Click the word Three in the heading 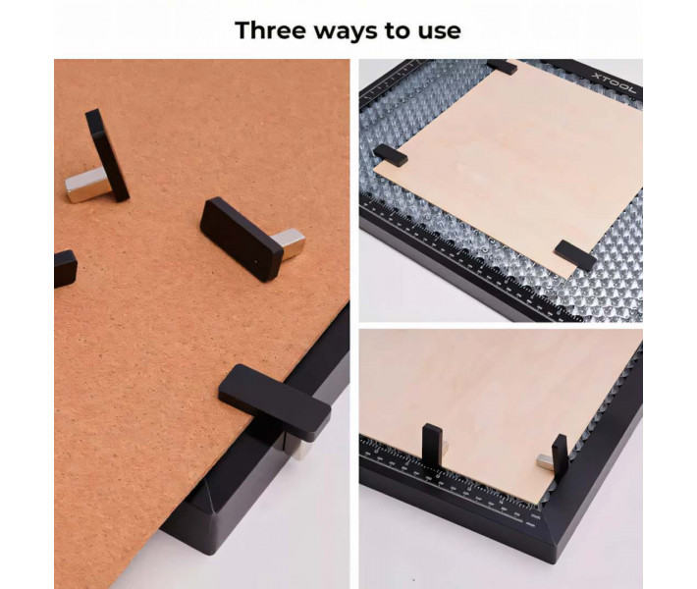(271, 30)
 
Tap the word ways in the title (347, 31)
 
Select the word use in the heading (439, 32)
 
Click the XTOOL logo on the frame (614, 83)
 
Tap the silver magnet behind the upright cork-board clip (87, 185)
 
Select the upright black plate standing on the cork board (107, 155)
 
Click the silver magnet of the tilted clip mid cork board (290, 243)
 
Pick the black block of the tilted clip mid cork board (241, 240)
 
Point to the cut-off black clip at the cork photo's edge (65, 269)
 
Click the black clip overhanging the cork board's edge (274, 402)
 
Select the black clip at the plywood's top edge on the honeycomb (502, 66)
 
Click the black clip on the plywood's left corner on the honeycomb (390, 155)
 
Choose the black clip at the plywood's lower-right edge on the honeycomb (575, 255)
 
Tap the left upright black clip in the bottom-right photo (433, 446)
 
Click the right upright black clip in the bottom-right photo (560, 456)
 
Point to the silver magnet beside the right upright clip (545, 461)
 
